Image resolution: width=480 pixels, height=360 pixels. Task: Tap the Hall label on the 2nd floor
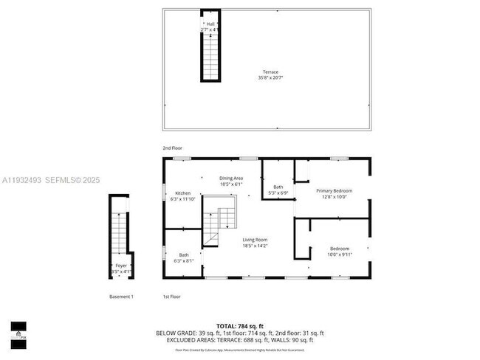210,24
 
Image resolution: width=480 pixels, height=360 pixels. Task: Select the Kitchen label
182,193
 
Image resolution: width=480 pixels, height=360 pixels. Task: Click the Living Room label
255,240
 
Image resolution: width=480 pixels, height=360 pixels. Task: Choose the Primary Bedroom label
335,191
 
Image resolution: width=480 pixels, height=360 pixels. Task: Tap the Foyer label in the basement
120,266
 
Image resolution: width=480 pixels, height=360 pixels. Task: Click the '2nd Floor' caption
172,148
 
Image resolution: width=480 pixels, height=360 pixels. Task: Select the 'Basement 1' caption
120,297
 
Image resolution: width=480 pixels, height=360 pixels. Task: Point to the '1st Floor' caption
171,297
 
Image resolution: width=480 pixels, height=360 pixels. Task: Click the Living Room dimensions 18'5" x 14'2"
255,246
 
